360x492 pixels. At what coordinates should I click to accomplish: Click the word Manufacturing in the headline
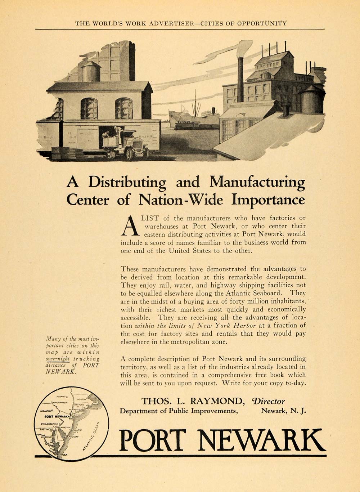(x=257, y=182)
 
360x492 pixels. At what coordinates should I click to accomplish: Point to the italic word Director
(x=268, y=401)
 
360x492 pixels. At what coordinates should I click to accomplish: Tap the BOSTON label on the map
(x=82, y=399)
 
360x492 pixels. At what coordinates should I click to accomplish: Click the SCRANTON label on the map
(x=46, y=411)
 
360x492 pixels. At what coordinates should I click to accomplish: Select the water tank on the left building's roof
(x=91, y=71)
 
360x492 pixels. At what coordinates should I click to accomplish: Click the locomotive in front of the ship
(x=187, y=125)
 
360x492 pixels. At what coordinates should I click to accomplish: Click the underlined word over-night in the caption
(x=58, y=359)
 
